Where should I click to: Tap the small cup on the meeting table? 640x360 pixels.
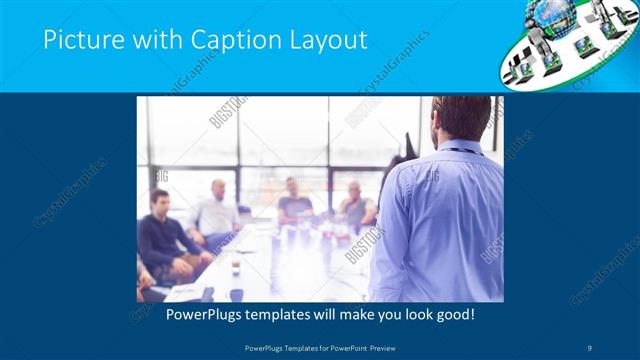[x=236, y=267]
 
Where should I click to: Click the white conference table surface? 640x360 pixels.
[x=290, y=270]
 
